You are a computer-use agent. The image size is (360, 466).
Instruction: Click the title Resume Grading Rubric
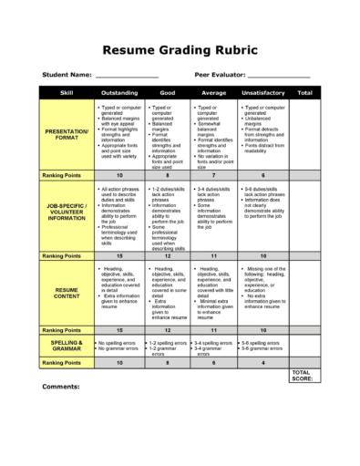click(180, 49)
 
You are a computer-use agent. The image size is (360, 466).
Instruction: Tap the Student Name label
click(67, 74)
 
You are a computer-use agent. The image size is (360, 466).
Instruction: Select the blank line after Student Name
click(126, 75)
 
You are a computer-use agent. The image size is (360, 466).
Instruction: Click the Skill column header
click(67, 93)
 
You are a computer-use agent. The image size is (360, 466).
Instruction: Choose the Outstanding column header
click(119, 93)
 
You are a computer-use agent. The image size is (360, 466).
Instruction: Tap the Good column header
click(168, 93)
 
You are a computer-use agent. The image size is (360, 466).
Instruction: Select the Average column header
click(213, 93)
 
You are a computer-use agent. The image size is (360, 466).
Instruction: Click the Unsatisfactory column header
click(262, 93)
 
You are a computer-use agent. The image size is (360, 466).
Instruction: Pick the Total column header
click(304, 93)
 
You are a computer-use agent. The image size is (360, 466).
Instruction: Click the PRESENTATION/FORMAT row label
click(67, 133)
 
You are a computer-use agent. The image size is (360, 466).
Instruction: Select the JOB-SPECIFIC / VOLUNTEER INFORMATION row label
click(67, 212)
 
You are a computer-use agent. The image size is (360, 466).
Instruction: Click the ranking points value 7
click(213, 174)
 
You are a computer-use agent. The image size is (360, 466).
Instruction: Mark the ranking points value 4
click(262, 362)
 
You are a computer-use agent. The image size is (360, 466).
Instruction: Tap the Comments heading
click(62, 386)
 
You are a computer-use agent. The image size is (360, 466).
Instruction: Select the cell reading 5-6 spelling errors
click(262, 342)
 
